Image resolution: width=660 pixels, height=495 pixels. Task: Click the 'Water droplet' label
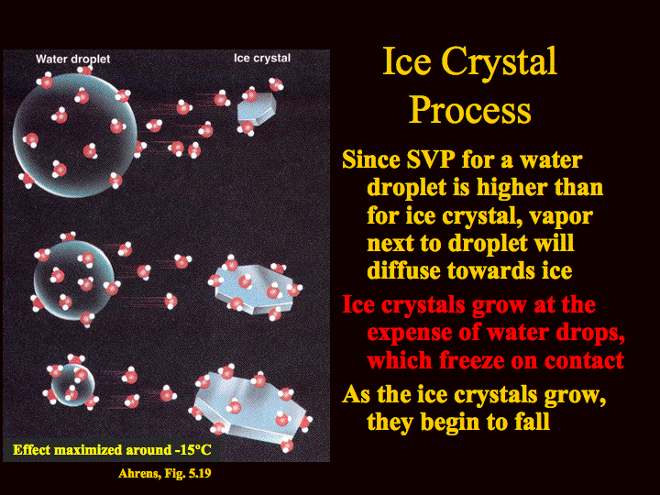pos(72,59)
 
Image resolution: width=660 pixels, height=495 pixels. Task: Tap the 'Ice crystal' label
pos(262,58)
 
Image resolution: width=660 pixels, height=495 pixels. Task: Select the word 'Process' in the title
pos(469,109)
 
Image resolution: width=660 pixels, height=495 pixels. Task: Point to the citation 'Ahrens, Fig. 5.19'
pos(165,474)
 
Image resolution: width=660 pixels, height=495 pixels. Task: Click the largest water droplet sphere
pos(75,136)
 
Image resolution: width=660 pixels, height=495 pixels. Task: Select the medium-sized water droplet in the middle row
pos(73,280)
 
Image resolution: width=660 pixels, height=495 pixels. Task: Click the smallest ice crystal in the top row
pos(257,108)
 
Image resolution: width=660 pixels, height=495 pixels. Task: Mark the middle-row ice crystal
pos(254,289)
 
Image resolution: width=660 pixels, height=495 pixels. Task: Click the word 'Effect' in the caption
pos(31,450)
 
